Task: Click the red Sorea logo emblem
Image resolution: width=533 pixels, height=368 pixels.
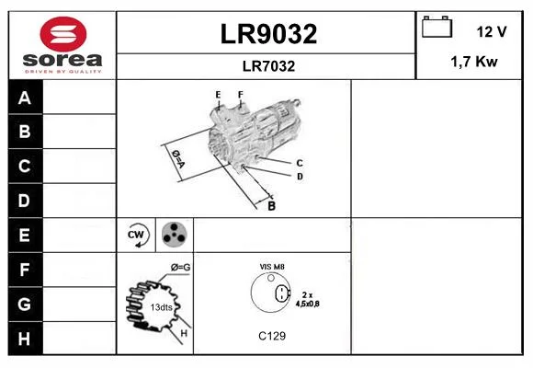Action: [63, 34]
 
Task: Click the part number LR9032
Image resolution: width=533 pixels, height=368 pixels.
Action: [268, 34]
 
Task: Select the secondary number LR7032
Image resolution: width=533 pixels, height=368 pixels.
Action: [268, 66]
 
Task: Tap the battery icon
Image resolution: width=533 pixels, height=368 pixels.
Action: [437, 27]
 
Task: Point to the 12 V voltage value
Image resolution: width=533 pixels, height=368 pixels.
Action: [492, 31]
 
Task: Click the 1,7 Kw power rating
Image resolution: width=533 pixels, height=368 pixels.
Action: [474, 62]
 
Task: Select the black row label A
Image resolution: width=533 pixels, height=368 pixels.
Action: [26, 98]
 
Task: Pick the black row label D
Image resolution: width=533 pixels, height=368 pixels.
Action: [26, 201]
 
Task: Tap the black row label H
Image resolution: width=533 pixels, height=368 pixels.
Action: [26, 339]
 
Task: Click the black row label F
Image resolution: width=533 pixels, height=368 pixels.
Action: [26, 270]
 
